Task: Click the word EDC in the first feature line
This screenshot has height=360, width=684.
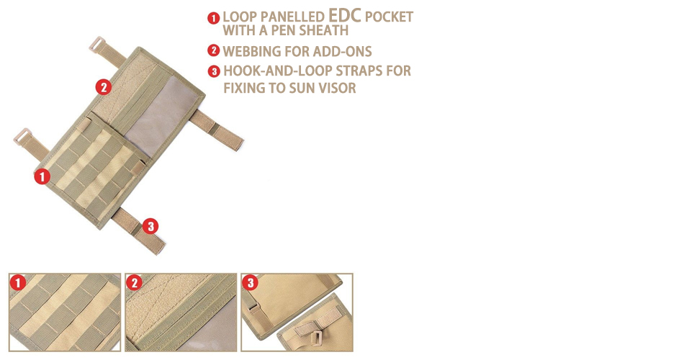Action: click(x=345, y=15)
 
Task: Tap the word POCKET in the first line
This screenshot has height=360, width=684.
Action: click(x=389, y=17)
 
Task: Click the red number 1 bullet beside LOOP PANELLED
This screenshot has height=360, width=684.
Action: click(x=213, y=18)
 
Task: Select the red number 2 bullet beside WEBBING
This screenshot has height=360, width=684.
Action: click(x=213, y=50)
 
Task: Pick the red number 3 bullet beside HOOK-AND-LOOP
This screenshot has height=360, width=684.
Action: click(x=214, y=71)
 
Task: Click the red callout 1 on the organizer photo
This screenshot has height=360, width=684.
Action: click(x=42, y=176)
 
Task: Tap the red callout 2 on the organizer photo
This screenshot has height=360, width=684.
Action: click(x=104, y=87)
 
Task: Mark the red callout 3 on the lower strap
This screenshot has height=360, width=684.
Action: click(x=150, y=226)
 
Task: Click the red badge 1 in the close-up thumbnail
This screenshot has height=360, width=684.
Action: click(x=18, y=283)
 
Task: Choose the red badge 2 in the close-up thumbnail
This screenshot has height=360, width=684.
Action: click(x=134, y=283)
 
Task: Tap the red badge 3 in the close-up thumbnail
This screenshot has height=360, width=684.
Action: click(x=250, y=283)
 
